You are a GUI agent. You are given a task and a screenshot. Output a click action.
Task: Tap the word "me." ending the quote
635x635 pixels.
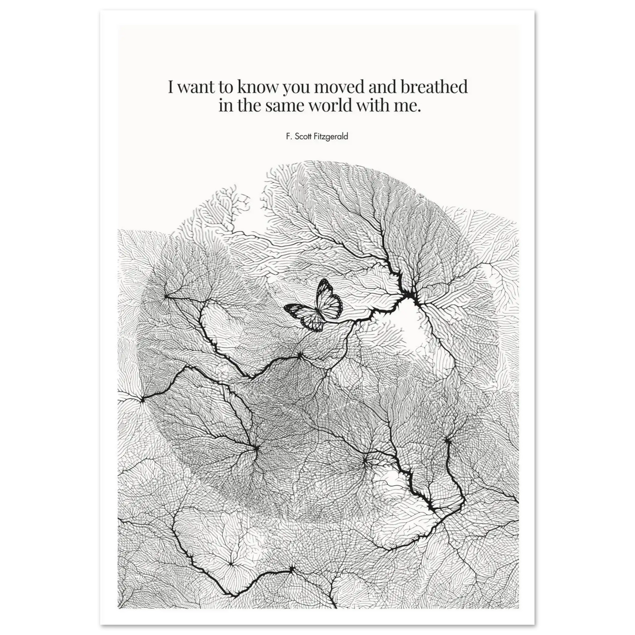(x=408, y=106)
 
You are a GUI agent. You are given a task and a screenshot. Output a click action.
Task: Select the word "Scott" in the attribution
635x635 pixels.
(x=303, y=136)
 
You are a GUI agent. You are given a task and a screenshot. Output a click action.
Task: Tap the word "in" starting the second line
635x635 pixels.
(x=225, y=106)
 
